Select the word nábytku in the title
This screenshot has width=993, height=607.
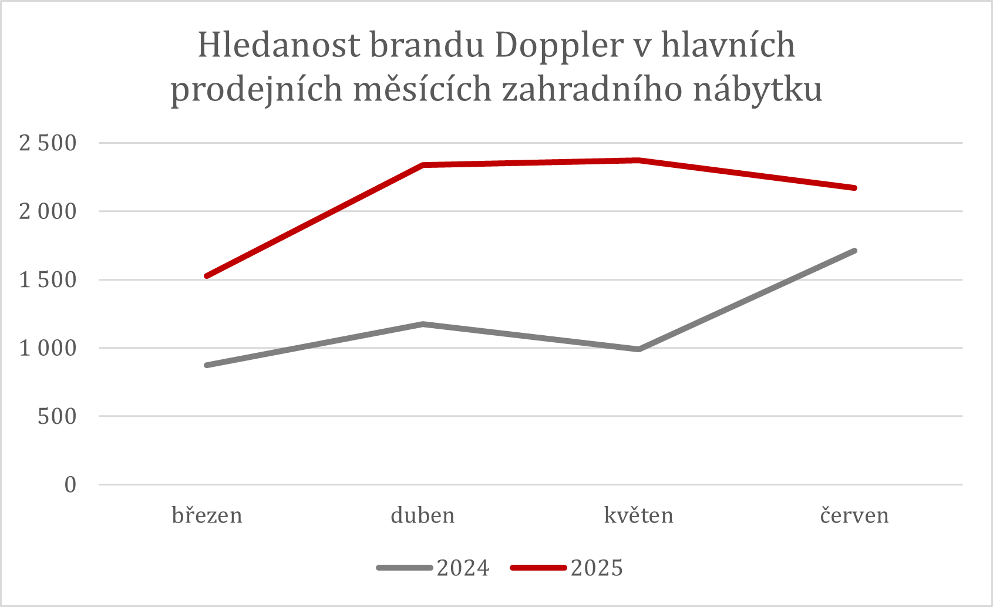click(758, 90)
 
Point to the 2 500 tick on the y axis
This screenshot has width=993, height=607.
click(48, 143)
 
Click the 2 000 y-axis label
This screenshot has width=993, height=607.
click(48, 211)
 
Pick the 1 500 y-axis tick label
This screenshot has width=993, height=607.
click(48, 280)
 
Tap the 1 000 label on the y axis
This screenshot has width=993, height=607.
click(48, 348)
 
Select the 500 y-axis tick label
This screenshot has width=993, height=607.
click(57, 417)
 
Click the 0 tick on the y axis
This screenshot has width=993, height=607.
click(70, 485)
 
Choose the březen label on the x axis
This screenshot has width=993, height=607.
click(207, 515)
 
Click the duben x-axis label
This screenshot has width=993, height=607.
click(423, 515)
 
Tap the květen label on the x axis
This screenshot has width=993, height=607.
click(638, 515)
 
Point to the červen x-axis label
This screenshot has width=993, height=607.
click(854, 515)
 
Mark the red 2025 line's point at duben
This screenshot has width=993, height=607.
click(423, 165)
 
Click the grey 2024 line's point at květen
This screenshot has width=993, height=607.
click(638, 349)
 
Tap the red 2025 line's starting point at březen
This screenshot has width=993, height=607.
click(207, 276)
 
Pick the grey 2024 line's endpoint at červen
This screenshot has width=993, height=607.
click(854, 251)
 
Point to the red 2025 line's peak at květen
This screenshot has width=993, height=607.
click(638, 160)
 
